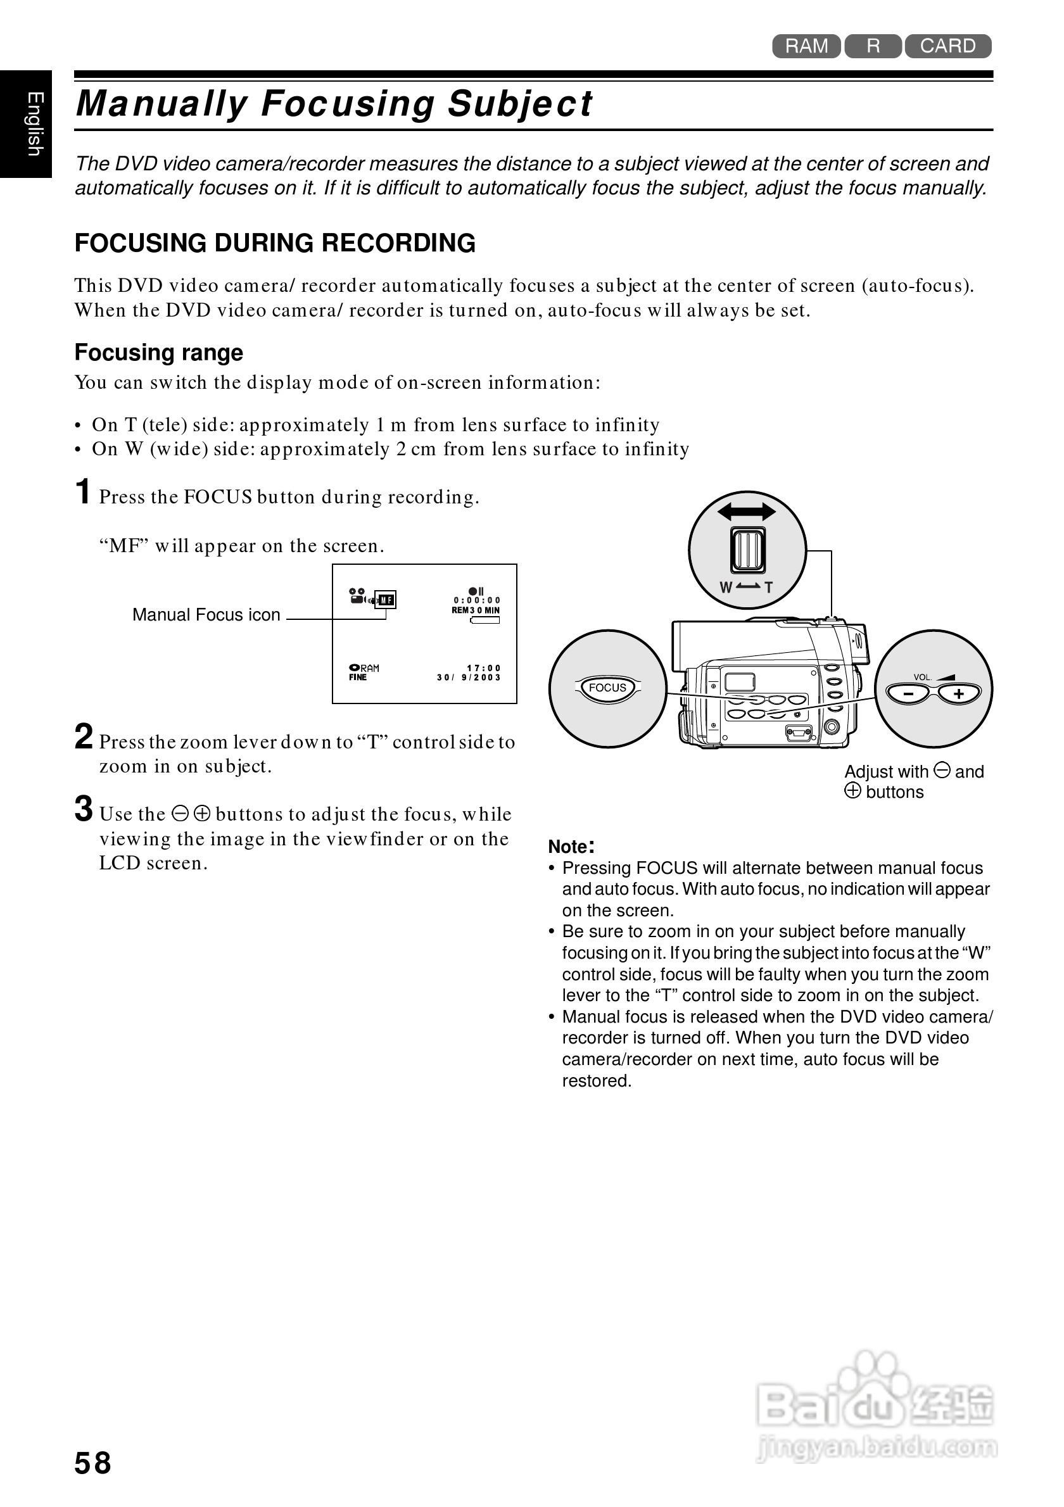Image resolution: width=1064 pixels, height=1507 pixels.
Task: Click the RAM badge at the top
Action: (x=806, y=46)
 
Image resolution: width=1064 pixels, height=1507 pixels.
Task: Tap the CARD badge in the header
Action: (x=947, y=46)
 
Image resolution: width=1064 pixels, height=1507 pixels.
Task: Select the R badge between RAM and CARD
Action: (x=873, y=46)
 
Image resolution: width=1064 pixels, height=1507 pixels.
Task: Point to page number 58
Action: (x=92, y=1463)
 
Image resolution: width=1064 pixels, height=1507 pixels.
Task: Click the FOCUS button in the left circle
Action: (x=608, y=688)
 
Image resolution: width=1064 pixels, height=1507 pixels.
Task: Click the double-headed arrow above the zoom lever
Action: (x=746, y=512)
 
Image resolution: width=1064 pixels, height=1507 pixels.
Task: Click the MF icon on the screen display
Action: (x=386, y=600)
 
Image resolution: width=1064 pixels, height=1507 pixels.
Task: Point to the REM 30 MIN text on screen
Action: (x=475, y=610)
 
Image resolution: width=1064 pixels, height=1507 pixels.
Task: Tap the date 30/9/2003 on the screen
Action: (x=469, y=678)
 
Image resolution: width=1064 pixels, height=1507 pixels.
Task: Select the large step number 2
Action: (x=84, y=736)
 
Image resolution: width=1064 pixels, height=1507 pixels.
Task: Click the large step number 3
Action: (x=84, y=809)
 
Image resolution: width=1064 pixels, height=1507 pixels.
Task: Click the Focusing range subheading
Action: (x=159, y=353)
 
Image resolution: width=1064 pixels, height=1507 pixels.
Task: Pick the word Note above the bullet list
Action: (x=569, y=847)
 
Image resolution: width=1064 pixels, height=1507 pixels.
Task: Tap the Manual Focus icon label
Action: (x=206, y=614)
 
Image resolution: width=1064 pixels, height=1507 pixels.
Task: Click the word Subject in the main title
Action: (x=520, y=104)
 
